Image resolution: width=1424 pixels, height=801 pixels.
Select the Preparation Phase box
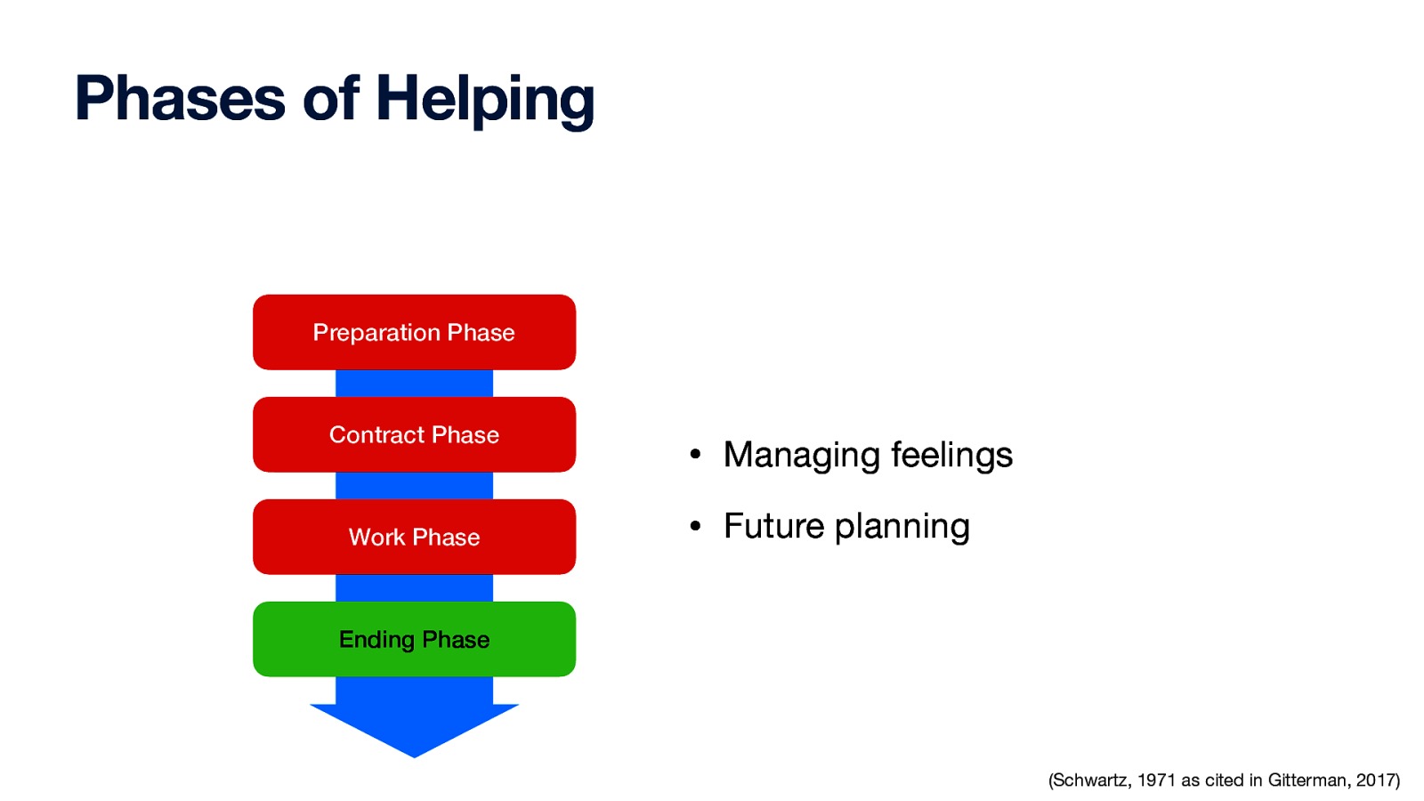[x=414, y=332]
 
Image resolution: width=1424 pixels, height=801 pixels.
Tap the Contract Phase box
[x=414, y=434]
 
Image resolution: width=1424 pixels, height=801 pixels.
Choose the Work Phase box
[x=414, y=537]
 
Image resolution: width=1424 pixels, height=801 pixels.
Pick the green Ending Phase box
[x=414, y=639]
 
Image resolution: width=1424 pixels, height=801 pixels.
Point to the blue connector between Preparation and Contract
[x=414, y=384]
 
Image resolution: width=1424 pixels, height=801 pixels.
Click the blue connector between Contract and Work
[x=414, y=486]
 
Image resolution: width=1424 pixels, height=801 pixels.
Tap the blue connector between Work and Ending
[x=414, y=588]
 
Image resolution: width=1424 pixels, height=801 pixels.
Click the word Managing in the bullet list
[x=802, y=456]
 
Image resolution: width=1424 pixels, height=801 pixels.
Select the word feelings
[x=951, y=456]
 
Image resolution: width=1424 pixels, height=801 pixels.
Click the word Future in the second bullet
[x=773, y=526]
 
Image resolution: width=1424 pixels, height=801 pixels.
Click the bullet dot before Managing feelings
[x=695, y=456]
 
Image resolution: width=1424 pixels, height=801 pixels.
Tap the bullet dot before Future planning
[x=695, y=526]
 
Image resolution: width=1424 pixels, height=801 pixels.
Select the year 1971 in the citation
[x=1156, y=781]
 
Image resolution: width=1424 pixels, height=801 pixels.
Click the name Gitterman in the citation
[x=1307, y=781]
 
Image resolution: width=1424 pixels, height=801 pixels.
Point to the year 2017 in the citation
[x=1376, y=781]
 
